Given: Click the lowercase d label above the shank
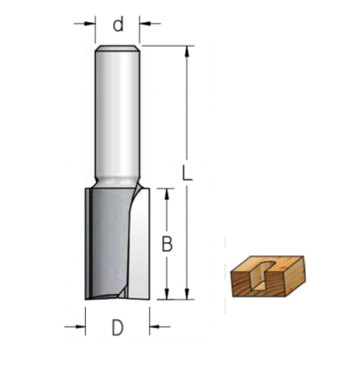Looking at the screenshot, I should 119,25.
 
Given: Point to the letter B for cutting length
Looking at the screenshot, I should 167,244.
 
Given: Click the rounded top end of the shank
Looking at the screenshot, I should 118,51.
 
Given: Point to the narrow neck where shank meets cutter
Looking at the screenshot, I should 118,181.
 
